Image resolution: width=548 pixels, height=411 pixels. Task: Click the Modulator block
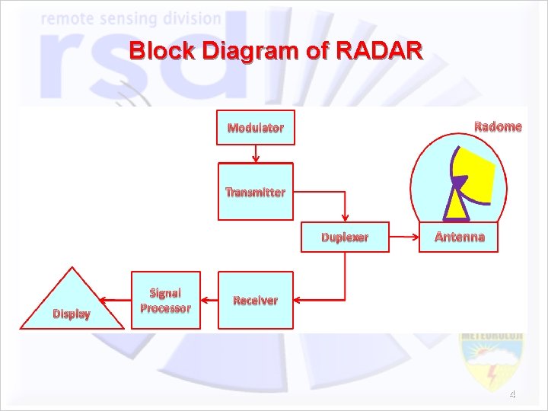pyautogui.click(x=255, y=128)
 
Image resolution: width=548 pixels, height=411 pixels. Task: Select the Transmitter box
pyautogui.click(x=255, y=192)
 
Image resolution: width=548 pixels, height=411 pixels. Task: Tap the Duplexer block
pyautogui.click(x=345, y=237)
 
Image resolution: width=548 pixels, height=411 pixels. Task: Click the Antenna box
pyautogui.click(x=459, y=237)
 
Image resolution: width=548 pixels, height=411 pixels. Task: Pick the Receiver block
pyautogui.click(x=255, y=300)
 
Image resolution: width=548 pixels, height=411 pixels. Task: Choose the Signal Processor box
pyautogui.click(x=166, y=300)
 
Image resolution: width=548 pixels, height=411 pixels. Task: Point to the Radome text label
pyautogui.click(x=498, y=126)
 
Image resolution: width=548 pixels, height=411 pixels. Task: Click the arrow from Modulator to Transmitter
pyautogui.click(x=256, y=153)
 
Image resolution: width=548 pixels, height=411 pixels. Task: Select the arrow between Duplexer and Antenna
pyautogui.click(x=404, y=237)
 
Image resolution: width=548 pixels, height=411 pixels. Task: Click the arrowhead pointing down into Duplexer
pyautogui.click(x=346, y=218)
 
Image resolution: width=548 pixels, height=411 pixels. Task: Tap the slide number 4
pyautogui.click(x=512, y=394)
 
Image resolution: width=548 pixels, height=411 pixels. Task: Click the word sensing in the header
pyautogui.click(x=129, y=18)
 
